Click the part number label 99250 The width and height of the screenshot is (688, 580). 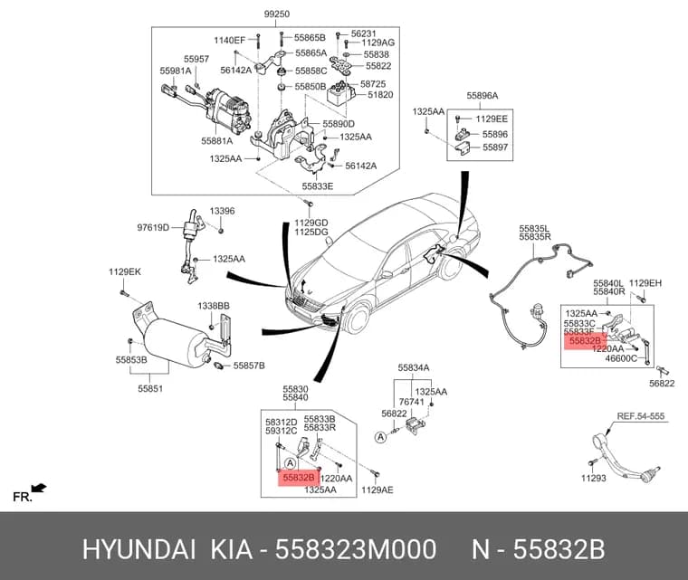pos(276,14)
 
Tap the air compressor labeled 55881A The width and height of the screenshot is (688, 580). pos(228,109)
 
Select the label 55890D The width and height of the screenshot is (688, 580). pos(339,124)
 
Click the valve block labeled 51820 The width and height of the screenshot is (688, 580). pos(340,95)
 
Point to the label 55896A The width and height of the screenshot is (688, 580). pos(482,96)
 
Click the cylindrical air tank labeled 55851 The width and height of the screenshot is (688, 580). pos(176,341)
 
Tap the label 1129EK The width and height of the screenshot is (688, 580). pos(125,272)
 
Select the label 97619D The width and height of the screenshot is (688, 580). pos(153,228)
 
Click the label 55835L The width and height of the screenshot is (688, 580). pos(534,229)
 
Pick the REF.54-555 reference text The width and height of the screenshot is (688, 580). pos(641,416)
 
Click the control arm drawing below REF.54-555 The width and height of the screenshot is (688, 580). pos(623,459)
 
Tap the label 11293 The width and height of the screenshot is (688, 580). pos(593,479)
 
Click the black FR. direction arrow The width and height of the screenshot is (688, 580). pos(39,488)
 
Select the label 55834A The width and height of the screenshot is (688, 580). pos(414,368)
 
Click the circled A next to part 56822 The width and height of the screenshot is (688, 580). pos(380,437)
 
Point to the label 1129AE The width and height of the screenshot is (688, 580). pos(377,490)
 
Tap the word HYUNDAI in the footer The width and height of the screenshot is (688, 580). pos(139,550)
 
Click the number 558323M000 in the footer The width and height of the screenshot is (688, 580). pos(356,550)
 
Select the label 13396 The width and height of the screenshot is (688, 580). pos(222,211)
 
